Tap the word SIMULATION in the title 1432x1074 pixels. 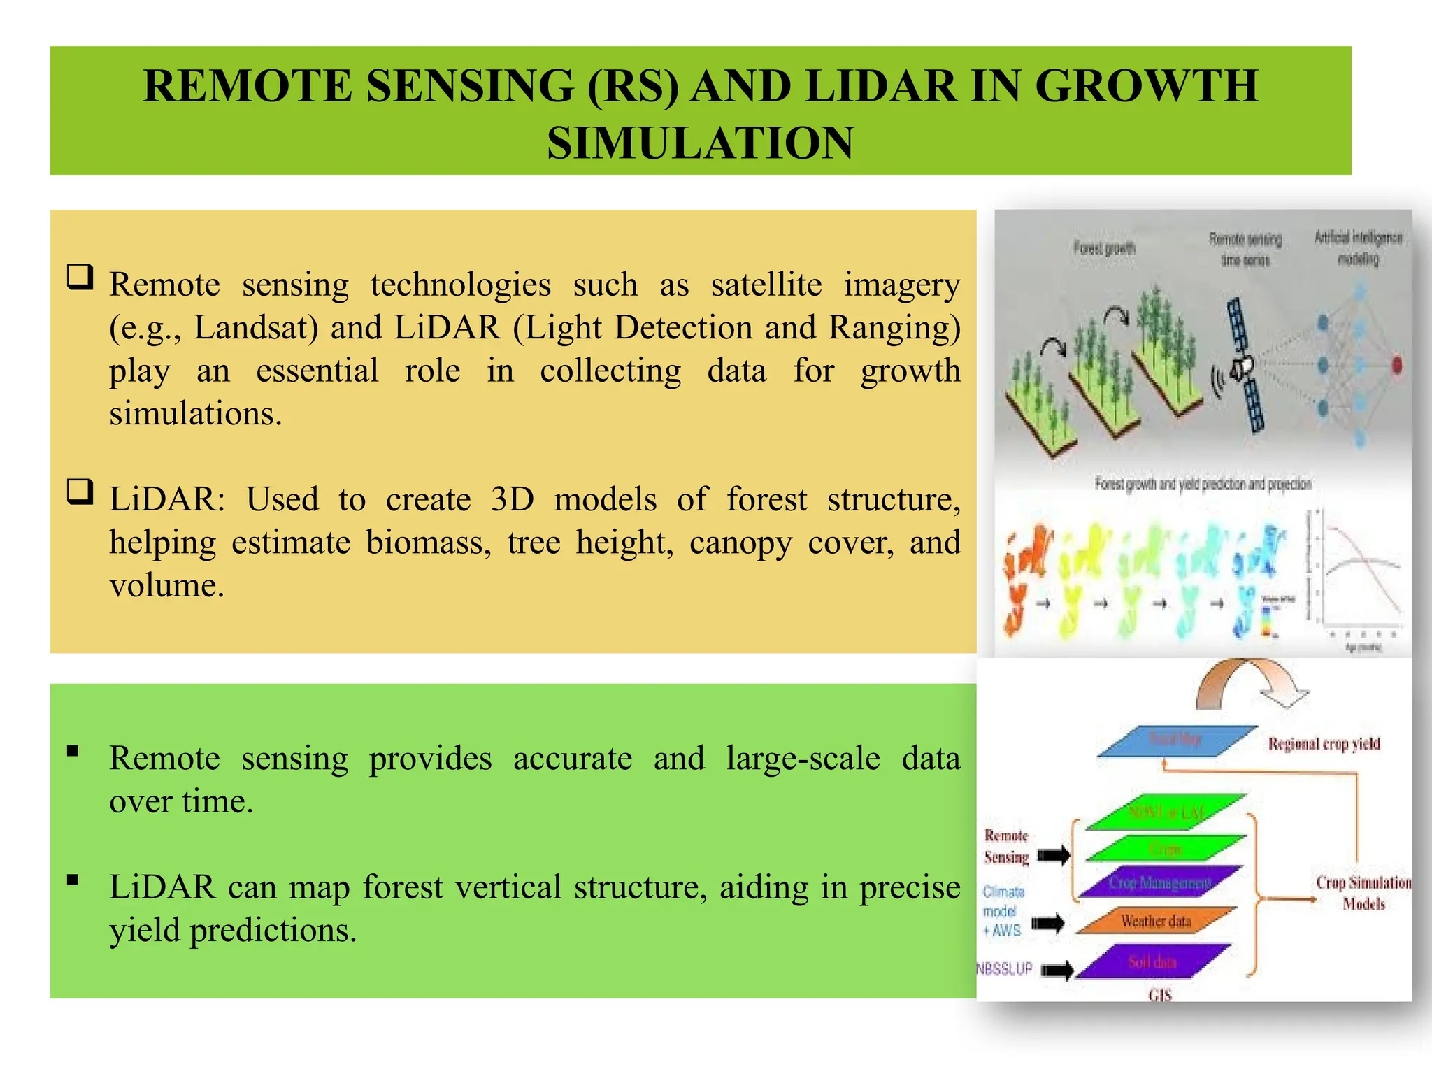tap(700, 143)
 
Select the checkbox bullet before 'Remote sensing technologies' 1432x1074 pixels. tap(80, 278)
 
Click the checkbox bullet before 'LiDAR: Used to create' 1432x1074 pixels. tap(80, 492)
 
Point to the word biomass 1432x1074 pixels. tap(429, 543)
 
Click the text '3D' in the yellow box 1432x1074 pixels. tap(512, 500)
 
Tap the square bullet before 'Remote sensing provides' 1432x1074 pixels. tap(73, 752)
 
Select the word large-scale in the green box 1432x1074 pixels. tap(803, 759)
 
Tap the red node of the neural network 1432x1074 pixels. tap(1396, 364)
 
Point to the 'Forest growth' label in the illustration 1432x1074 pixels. tap(1104, 248)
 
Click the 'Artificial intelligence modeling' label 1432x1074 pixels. tap(1358, 248)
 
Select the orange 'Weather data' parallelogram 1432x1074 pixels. tap(1156, 921)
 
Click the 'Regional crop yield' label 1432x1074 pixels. tap(1324, 743)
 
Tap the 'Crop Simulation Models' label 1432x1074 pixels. tap(1363, 893)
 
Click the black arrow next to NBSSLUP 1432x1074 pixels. tap(1057, 970)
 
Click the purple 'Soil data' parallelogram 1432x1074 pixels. tap(1152, 962)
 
